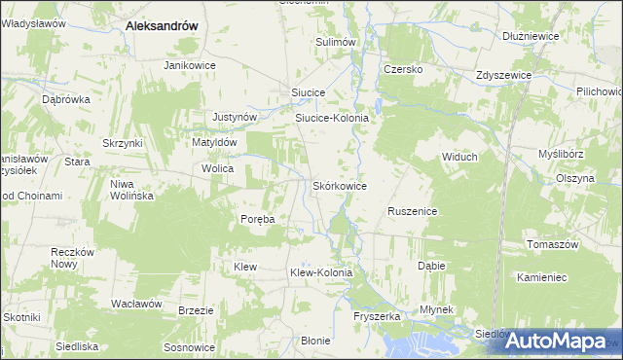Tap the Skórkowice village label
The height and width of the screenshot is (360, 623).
coord(339,185)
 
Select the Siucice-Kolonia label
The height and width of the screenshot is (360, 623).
coord(332,118)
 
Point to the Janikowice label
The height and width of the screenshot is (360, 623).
coord(189,65)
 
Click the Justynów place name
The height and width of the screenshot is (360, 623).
coord(235,117)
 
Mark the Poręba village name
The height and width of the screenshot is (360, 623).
coord(258,219)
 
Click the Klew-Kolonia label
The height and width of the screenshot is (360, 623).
coord(320,273)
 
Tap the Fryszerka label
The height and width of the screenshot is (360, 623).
coord(378,317)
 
